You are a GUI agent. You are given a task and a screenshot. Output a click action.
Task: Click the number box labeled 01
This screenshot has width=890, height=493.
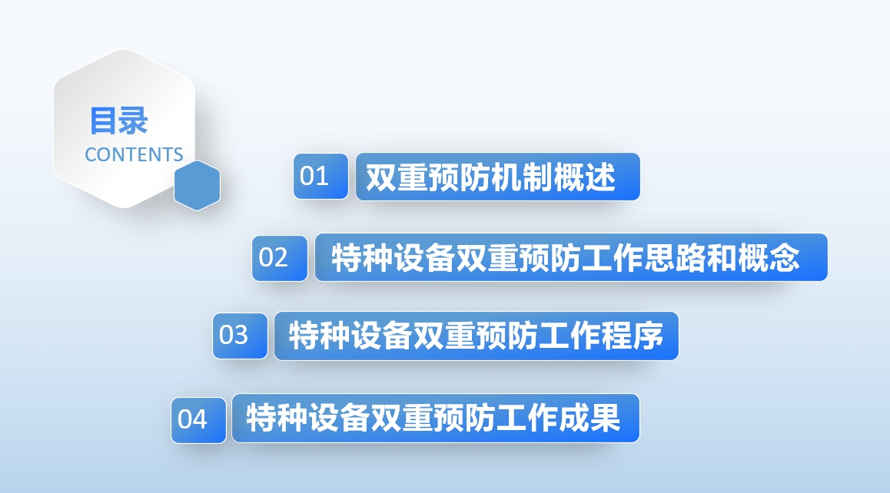pyautogui.click(x=320, y=177)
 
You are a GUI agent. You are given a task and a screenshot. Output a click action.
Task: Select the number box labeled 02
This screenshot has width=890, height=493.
pyautogui.click(x=280, y=258)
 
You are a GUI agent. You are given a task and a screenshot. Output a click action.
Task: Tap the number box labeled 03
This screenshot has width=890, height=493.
pyautogui.click(x=240, y=336)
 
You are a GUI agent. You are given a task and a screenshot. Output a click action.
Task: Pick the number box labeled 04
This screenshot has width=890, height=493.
pyautogui.click(x=198, y=420)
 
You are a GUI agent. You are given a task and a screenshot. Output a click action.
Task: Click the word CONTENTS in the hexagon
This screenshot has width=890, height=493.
pyautogui.click(x=134, y=154)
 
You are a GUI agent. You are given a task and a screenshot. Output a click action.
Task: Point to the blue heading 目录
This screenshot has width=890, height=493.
pyautogui.click(x=118, y=121)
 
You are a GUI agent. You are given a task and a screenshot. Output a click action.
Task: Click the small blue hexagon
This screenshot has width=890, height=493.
pyautogui.click(x=197, y=186)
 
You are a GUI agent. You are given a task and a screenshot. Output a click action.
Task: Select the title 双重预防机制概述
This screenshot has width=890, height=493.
pyautogui.click(x=490, y=177)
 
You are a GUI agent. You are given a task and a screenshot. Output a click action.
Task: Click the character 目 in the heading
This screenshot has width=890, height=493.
pyautogui.click(x=104, y=121)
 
